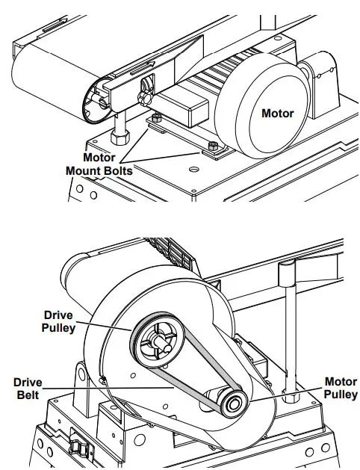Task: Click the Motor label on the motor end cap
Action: pos(277,114)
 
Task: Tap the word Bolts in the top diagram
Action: pos(111,171)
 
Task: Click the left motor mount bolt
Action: pos(155,118)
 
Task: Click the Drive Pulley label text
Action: pos(58,321)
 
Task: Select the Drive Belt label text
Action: pos(27,389)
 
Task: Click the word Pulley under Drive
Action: pos(58,328)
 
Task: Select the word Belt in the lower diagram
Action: pos(27,395)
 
